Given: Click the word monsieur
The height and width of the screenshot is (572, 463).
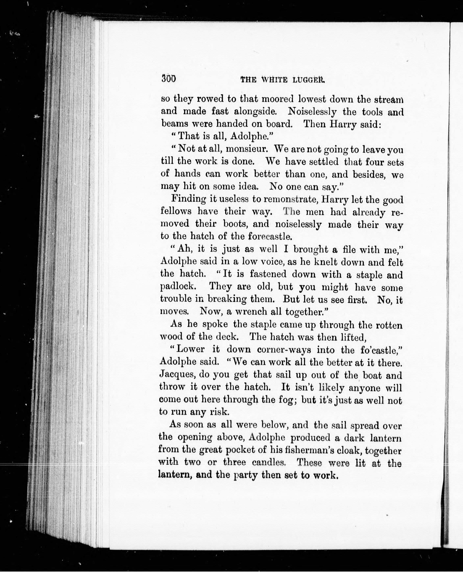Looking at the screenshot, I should [247, 148].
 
